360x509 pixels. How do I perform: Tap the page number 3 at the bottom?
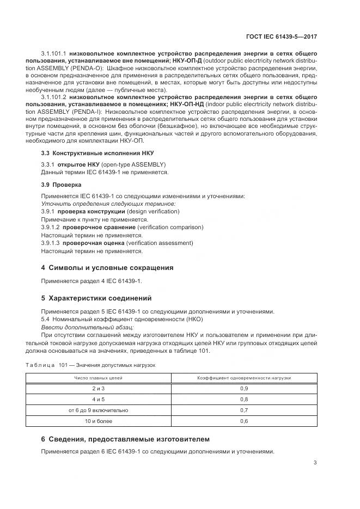click(x=315, y=463)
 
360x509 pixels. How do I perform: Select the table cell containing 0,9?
click(x=244, y=389)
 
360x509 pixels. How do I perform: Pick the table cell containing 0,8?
click(x=244, y=399)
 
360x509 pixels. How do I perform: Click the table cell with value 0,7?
click(x=244, y=410)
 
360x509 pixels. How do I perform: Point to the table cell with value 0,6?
click(x=244, y=421)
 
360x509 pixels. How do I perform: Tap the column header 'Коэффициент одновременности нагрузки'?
click(x=244, y=377)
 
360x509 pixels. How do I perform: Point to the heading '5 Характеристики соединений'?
click(x=100, y=298)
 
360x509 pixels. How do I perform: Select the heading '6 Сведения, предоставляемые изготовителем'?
click(x=125, y=439)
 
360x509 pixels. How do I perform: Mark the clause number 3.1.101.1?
click(x=53, y=54)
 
